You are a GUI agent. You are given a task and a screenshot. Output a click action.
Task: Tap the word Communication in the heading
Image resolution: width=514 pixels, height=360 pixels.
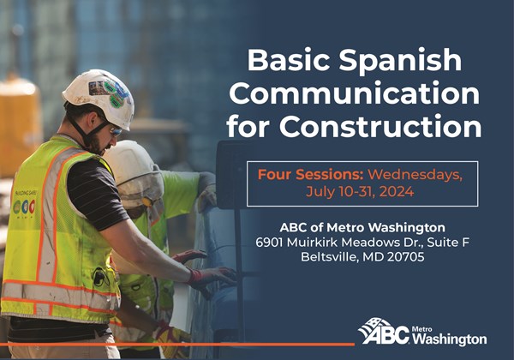355,93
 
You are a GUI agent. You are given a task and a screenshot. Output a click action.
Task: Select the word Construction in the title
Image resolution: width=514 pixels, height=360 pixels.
380,126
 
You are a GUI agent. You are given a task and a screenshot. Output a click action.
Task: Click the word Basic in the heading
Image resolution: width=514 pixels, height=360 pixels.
289,60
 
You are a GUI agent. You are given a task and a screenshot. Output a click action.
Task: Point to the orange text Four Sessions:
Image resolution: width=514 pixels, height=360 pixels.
311,174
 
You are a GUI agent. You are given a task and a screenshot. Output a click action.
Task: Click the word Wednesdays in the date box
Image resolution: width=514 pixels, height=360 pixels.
415,175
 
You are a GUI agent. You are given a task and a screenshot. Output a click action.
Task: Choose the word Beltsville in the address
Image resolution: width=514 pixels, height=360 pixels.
329,257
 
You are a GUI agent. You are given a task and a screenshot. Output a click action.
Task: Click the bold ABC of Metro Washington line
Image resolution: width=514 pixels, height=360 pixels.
362,227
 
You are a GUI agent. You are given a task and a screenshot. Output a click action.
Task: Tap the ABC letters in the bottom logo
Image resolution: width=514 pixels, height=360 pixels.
387,335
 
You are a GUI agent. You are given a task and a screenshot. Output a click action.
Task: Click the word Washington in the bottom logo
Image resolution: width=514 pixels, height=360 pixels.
449,339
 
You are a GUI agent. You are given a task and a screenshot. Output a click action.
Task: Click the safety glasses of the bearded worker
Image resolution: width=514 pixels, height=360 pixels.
115,131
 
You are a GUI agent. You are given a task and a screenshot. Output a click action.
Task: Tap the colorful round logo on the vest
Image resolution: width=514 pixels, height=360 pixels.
24,207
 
